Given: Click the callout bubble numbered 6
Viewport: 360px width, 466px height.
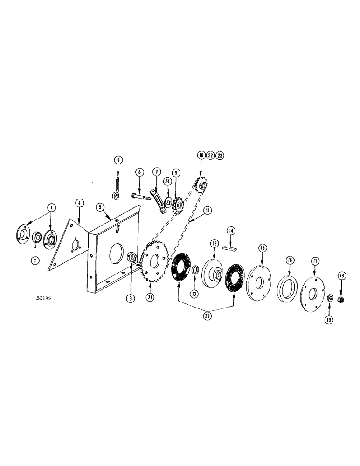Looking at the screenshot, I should pyautogui.click(x=118, y=160).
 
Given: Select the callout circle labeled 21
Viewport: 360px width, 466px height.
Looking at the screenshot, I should pyautogui.click(x=150, y=297).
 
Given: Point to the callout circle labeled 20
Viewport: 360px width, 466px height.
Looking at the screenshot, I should pyautogui.click(x=208, y=316).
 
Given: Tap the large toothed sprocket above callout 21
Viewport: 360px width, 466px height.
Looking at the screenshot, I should pyautogui.click(x=155, y=264).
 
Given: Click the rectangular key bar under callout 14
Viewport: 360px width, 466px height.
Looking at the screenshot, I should pyautogui.click(x=229, y=248).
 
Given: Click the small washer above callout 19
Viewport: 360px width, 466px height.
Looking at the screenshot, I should pyautogui.click(x=329, y=297).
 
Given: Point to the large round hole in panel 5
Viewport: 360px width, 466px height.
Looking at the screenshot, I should pyautogui.click(x=114, y=253).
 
